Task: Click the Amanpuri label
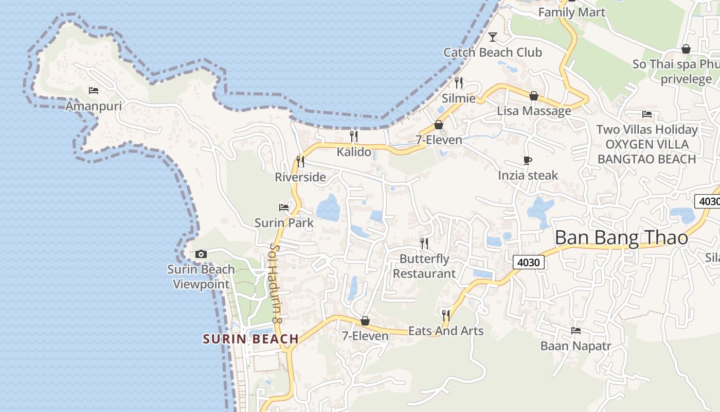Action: point(94,106)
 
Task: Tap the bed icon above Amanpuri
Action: point(94,91)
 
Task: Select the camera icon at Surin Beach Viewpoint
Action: point(201,254)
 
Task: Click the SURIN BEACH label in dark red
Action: point(250,339)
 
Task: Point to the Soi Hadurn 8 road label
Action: point(276,283)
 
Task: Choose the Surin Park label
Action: point(284,223)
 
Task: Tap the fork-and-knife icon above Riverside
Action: point(300,162)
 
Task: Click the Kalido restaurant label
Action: point(354,152)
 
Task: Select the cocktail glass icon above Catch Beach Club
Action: point(493,37)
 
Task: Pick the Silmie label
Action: point(459,98)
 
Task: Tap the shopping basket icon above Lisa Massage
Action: point(534,96)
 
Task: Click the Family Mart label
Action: point(571,12)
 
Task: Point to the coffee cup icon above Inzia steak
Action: point(528,160)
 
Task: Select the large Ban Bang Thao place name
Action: point(621,238)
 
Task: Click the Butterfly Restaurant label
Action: point(424,266)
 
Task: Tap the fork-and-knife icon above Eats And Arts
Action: point(446,315)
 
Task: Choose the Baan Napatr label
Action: point(575,346)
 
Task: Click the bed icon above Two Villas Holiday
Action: point(647,114)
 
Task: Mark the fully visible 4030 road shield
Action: point(528,263)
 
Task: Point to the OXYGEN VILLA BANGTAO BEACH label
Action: point(646,152)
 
